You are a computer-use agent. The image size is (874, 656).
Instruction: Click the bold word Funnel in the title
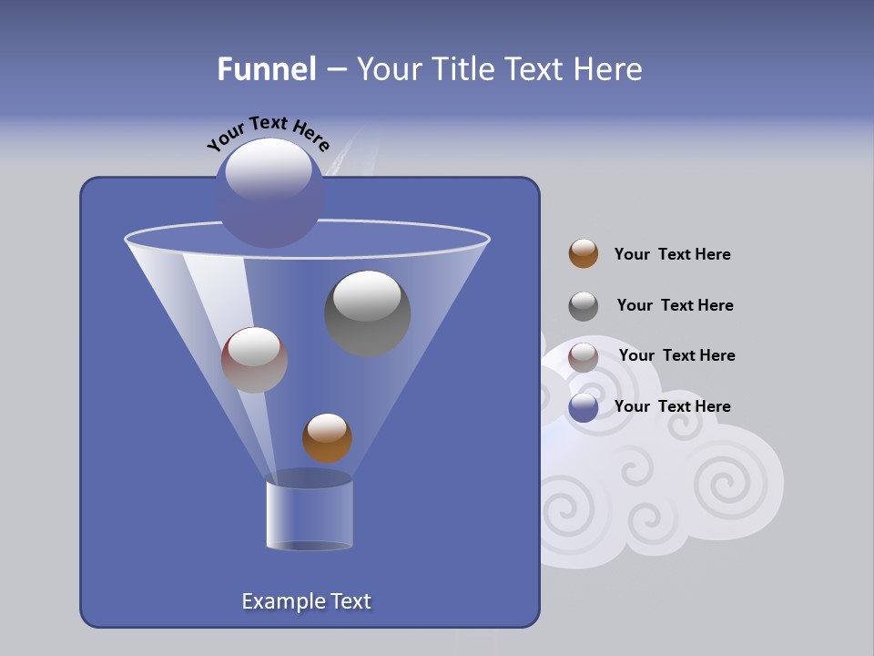click(x=266, y=68)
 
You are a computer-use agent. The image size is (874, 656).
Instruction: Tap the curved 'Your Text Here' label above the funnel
click(x=268, y=132)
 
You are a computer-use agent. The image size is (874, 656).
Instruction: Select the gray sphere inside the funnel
click(x=367, y=314)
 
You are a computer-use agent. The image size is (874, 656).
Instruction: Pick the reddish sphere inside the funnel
click(x=254, y=360)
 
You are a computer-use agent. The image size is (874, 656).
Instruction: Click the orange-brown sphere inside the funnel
click(x=327, y=438)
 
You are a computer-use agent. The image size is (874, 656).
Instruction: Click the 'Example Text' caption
click(x=306, y=601)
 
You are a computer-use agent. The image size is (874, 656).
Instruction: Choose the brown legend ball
click(x=584, y=254)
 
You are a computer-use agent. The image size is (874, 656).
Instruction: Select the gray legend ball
click(x=584, y=306)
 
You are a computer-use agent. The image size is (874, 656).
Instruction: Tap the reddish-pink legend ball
click(x=584, y=357)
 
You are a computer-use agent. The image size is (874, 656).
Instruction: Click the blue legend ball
click(x=584, y=407)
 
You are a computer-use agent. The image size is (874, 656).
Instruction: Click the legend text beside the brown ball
click(x=672, y=254)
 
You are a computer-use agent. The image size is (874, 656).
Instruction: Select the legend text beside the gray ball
click(x=675, y=305)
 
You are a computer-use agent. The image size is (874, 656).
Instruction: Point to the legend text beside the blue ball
click(x=672, y=406)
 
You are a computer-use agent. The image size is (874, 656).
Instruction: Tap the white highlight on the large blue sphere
click(x=268, y=169)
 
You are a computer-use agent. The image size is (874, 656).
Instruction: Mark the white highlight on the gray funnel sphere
click(x=366, y=296)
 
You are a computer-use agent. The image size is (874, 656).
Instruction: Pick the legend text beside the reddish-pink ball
click(x=676, y=355)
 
